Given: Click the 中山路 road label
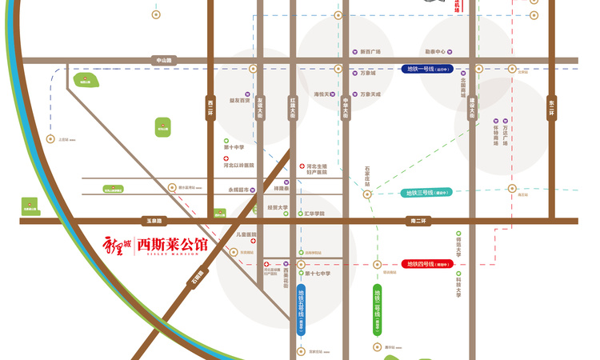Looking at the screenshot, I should point(163,60).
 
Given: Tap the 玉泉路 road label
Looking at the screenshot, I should point(153,220).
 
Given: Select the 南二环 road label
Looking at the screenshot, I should point(418,220).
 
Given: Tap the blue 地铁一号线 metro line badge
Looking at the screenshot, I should point(426,70).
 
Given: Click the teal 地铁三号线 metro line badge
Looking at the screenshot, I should point(426,193).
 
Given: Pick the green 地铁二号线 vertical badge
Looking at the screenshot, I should point(378,308).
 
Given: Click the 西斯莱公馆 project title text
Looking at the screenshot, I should point(172,244).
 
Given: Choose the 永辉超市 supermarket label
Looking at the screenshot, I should point(239,190).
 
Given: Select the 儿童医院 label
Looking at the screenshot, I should point(245,234).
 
